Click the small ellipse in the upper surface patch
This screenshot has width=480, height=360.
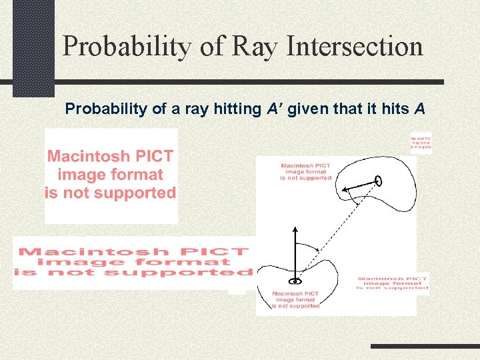click(378, 181)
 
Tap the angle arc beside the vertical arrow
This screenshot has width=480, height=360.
click(309, 247)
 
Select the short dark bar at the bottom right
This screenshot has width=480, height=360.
click(424, 347)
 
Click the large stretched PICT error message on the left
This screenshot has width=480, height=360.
click(133, 262)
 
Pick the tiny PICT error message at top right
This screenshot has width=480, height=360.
click(421, 142)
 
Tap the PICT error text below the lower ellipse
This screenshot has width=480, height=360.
click(295, 299)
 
